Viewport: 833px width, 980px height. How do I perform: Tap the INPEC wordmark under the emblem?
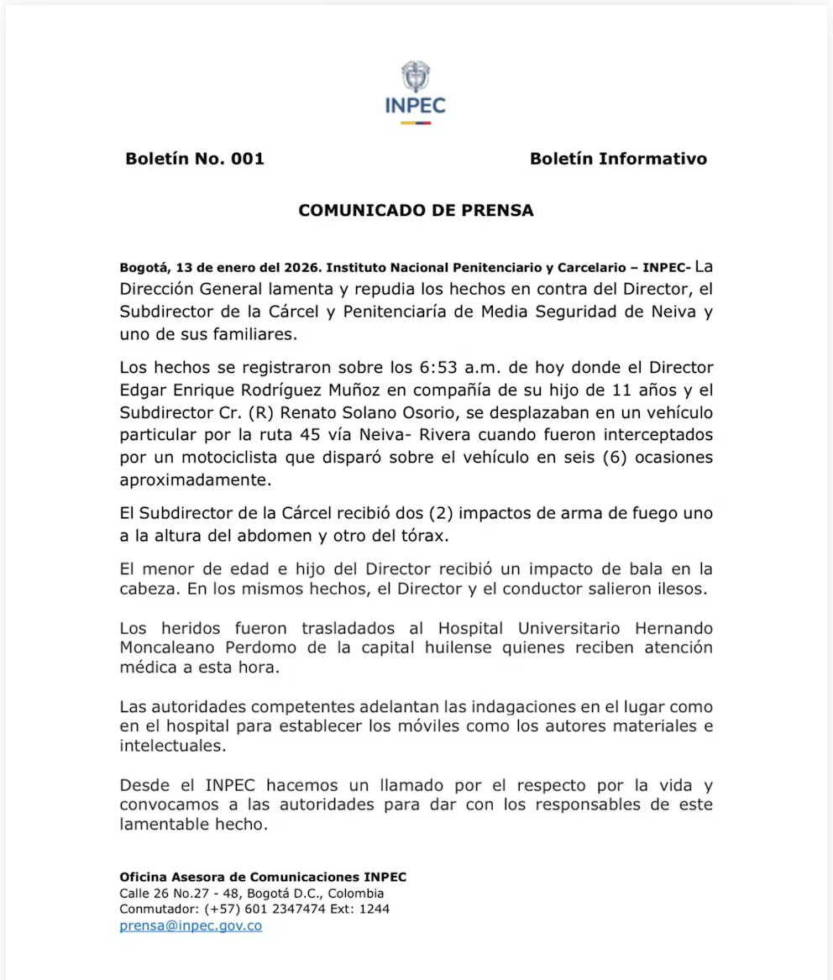coord(416,106)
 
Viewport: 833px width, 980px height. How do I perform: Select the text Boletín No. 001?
coord(195,159)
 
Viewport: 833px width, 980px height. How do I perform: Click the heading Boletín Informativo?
coord(618,159)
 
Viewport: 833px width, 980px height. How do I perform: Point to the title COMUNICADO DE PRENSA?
coord(416,211)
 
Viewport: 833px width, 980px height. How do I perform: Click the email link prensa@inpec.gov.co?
coord(191,926)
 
